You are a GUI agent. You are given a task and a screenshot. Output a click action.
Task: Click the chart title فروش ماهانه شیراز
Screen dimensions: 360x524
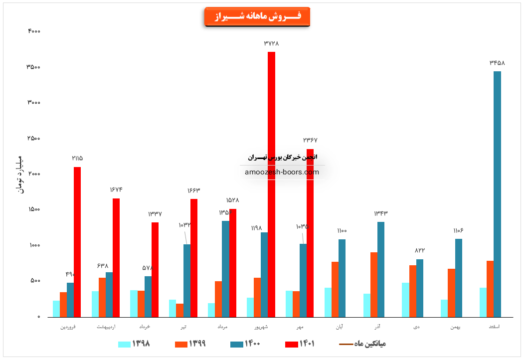coord(257,16)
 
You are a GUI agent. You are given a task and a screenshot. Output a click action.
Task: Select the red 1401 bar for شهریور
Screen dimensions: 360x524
coord(271,184)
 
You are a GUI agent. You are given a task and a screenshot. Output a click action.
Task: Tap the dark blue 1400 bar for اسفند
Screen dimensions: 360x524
coord(497,194)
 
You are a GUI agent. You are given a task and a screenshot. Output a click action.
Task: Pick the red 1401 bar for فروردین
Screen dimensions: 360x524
coord(77,242)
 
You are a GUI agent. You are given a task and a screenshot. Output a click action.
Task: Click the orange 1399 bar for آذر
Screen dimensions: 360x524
coord(374,285)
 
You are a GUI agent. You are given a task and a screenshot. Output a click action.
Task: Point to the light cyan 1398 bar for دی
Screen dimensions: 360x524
coord(405,300)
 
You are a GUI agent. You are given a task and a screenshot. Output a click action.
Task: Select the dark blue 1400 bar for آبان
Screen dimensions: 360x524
coord(342,278)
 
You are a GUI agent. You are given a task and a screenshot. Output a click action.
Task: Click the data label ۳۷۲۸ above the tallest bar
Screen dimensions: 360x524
coord(271,43)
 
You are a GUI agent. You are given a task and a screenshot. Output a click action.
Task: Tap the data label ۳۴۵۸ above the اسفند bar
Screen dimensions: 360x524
coord(497,63)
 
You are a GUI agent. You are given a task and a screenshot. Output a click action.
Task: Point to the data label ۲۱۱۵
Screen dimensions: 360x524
coord(77,158)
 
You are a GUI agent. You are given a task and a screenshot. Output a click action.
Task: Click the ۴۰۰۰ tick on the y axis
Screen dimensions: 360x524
coord(34,31)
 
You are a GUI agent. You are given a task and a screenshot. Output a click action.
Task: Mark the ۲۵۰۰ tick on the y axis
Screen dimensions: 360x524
coord(34,138)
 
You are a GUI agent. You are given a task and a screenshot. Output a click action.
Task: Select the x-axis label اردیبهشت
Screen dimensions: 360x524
coord(106,327)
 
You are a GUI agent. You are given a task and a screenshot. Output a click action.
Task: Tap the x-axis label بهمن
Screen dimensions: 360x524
coord(455,327)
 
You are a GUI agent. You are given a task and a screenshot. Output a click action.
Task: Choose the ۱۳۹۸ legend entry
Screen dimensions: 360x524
coord(135,344)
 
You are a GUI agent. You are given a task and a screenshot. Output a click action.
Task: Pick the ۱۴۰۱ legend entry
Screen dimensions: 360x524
coord(300,344)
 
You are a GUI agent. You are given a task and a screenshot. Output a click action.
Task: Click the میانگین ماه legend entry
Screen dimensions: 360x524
coord(363,344)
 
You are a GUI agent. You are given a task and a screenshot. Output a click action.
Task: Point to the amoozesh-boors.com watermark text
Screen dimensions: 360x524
coord(282,172)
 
